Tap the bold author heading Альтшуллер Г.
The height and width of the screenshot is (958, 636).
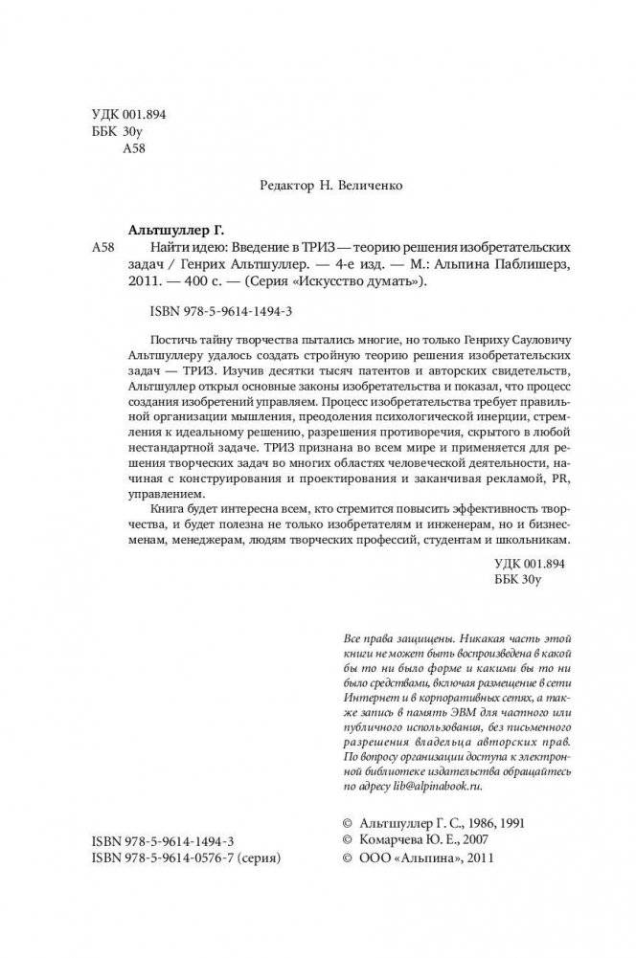[x=170, y=231]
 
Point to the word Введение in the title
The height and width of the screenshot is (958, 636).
[x=242, y=248]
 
